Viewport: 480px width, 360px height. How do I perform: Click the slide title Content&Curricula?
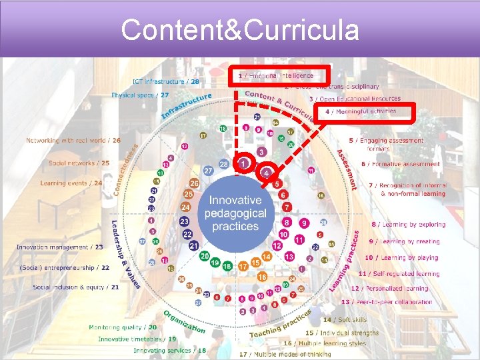coord(240,30)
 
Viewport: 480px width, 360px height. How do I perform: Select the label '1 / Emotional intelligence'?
coord(280,76)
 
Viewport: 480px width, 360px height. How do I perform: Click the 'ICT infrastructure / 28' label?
coord(165,81)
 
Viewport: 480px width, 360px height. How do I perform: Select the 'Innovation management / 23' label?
coord(60,247)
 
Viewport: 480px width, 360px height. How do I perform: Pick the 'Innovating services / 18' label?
coord(169,350)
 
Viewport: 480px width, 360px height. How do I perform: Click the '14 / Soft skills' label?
coord(345,320)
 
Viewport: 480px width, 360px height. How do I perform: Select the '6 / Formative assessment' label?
coord(400,164)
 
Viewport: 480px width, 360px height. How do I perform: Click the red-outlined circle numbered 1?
coord(245,163)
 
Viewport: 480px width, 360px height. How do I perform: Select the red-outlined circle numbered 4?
coord(266,173)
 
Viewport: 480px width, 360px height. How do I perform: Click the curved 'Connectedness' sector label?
coord(125,169)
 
